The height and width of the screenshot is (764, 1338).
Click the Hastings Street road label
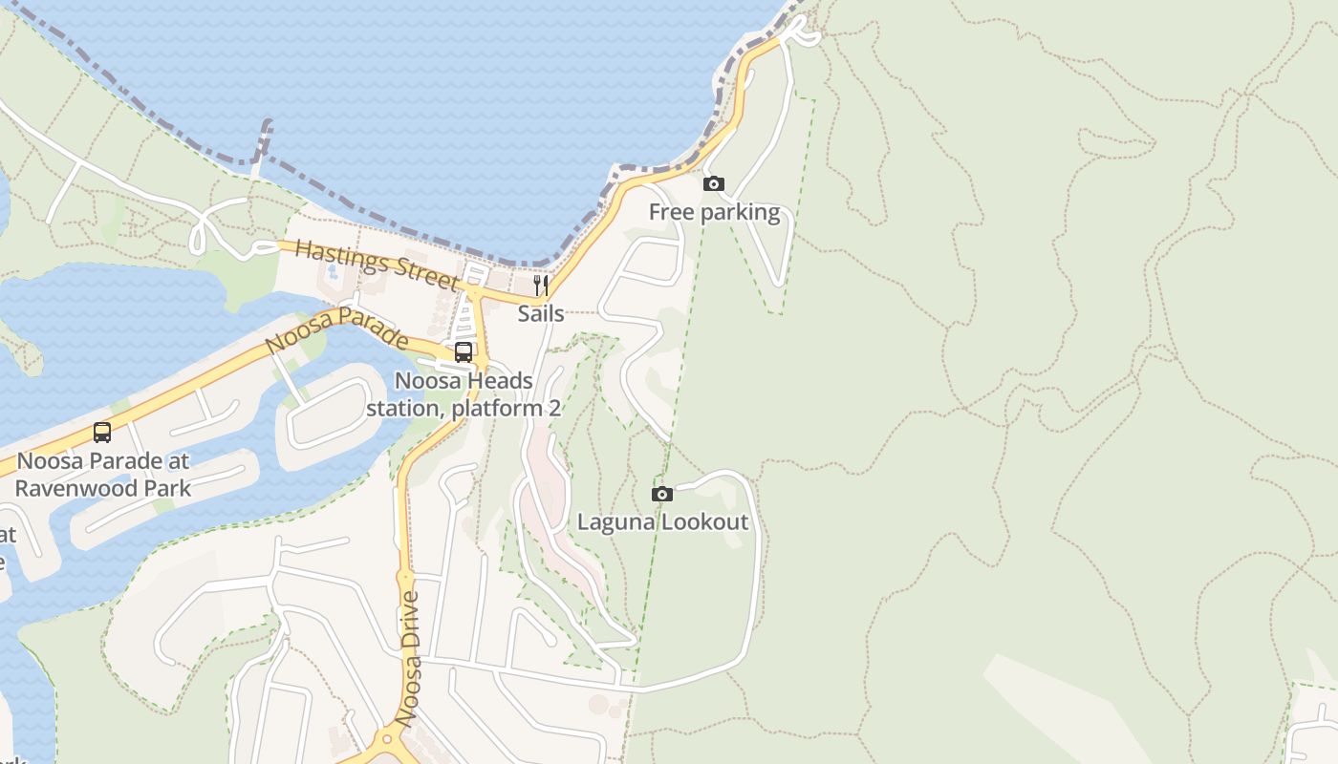377,265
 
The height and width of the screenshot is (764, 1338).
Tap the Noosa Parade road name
336,330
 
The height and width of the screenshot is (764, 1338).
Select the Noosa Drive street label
410,659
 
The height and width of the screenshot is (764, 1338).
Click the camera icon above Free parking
713,183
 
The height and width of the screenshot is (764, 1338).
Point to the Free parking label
714,212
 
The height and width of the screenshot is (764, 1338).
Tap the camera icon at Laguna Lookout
661,494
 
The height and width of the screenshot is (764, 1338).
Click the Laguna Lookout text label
662,522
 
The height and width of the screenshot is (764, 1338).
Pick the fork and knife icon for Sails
541,285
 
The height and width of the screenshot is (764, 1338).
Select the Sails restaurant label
541,313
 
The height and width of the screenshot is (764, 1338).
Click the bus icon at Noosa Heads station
464,351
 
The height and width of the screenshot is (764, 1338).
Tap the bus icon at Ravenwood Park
102,433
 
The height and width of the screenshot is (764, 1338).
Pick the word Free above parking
669,212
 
